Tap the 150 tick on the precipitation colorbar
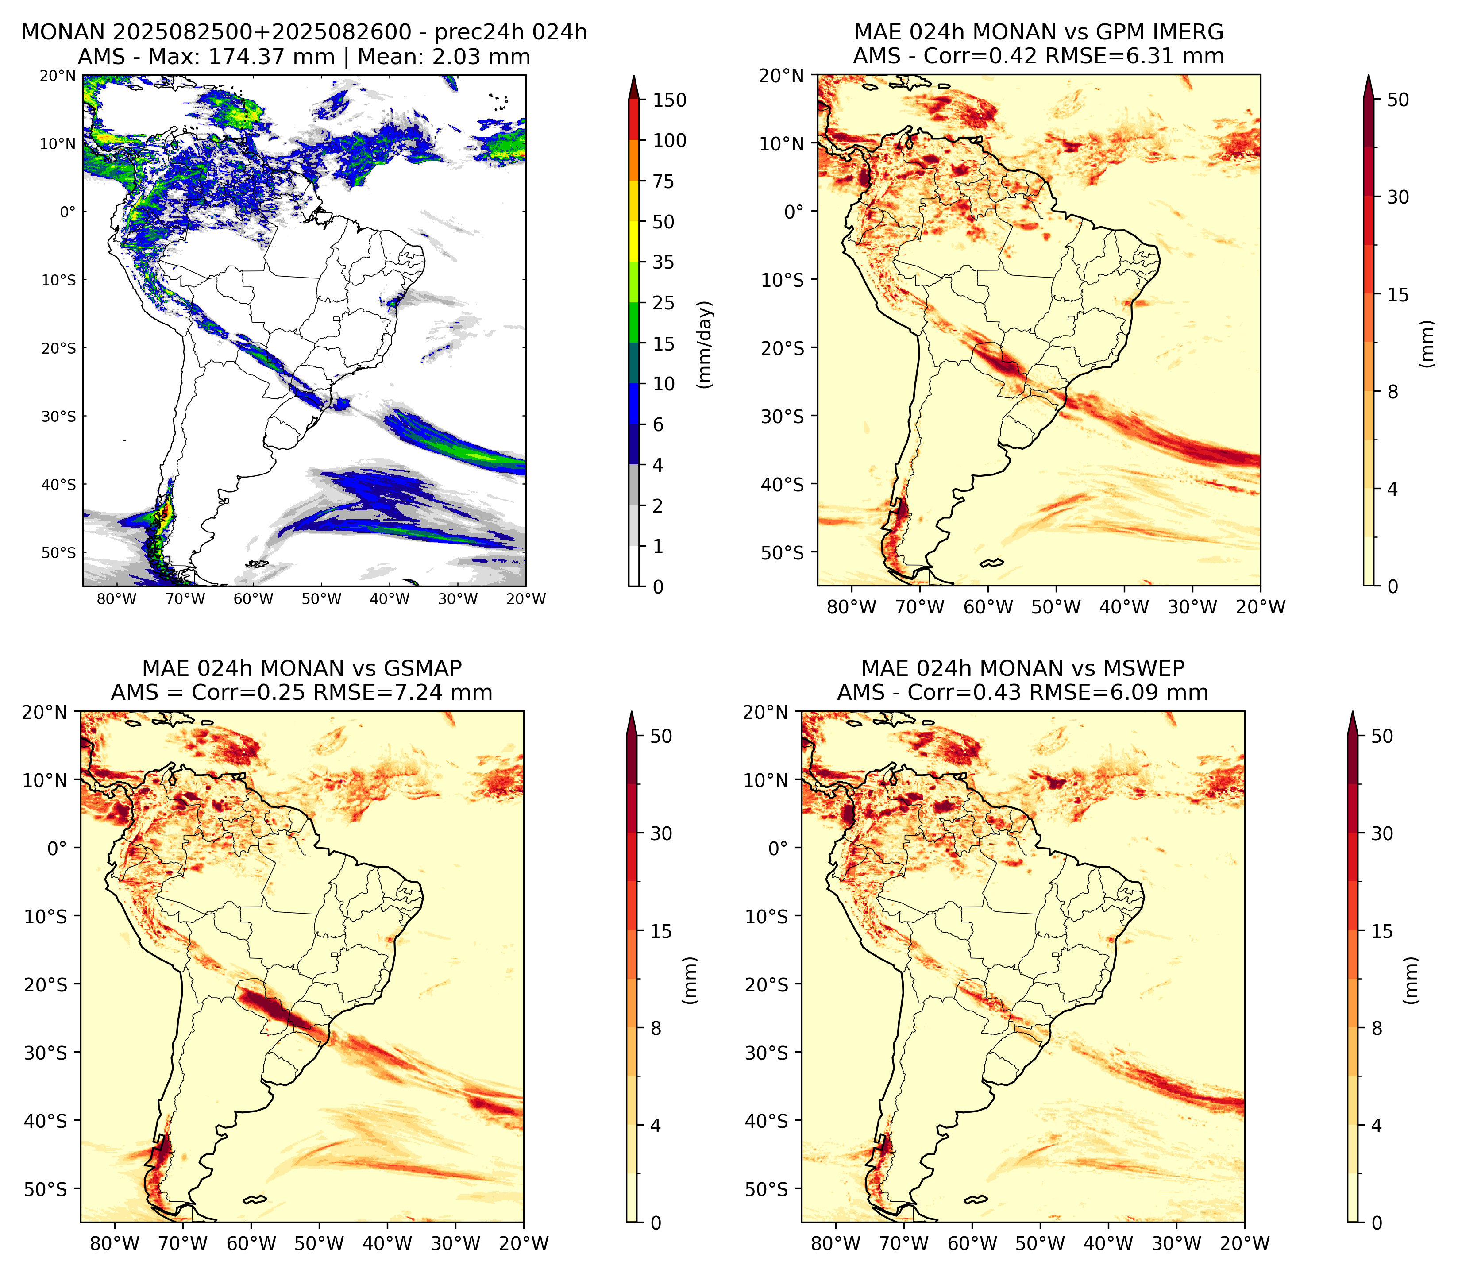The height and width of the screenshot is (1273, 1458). tap(670, 100)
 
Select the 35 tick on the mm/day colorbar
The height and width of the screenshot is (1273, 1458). tap(663, 262)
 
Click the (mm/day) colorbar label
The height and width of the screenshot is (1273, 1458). tap(705, 344)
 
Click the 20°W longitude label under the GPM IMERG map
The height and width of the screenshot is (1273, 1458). tap(1261, 607)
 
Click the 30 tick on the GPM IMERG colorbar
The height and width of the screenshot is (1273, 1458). tap(1398, 197)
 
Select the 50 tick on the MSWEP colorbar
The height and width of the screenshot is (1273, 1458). tap(1382, 736)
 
